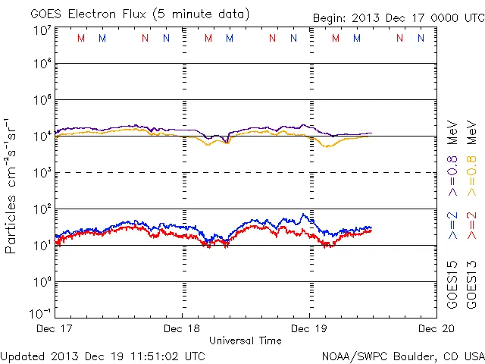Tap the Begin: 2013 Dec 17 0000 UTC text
tap(397, 18)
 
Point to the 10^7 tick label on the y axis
tap(42, 30)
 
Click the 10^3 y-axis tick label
tap(42, 173)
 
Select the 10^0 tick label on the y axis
tap(42, 281)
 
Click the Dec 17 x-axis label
tap(55, 328)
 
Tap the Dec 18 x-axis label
tap(183, 328)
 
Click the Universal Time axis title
tap(246, 340)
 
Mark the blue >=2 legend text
tap(452, 226)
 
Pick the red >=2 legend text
tap(471, 226)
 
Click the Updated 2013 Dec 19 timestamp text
tap(103, 355)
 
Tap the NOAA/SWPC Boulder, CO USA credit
tap(402, 355)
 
